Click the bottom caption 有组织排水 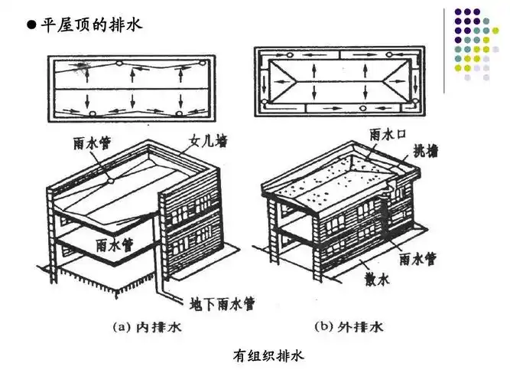[x=262, y=355]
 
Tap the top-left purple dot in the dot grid [x=458, y=12]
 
